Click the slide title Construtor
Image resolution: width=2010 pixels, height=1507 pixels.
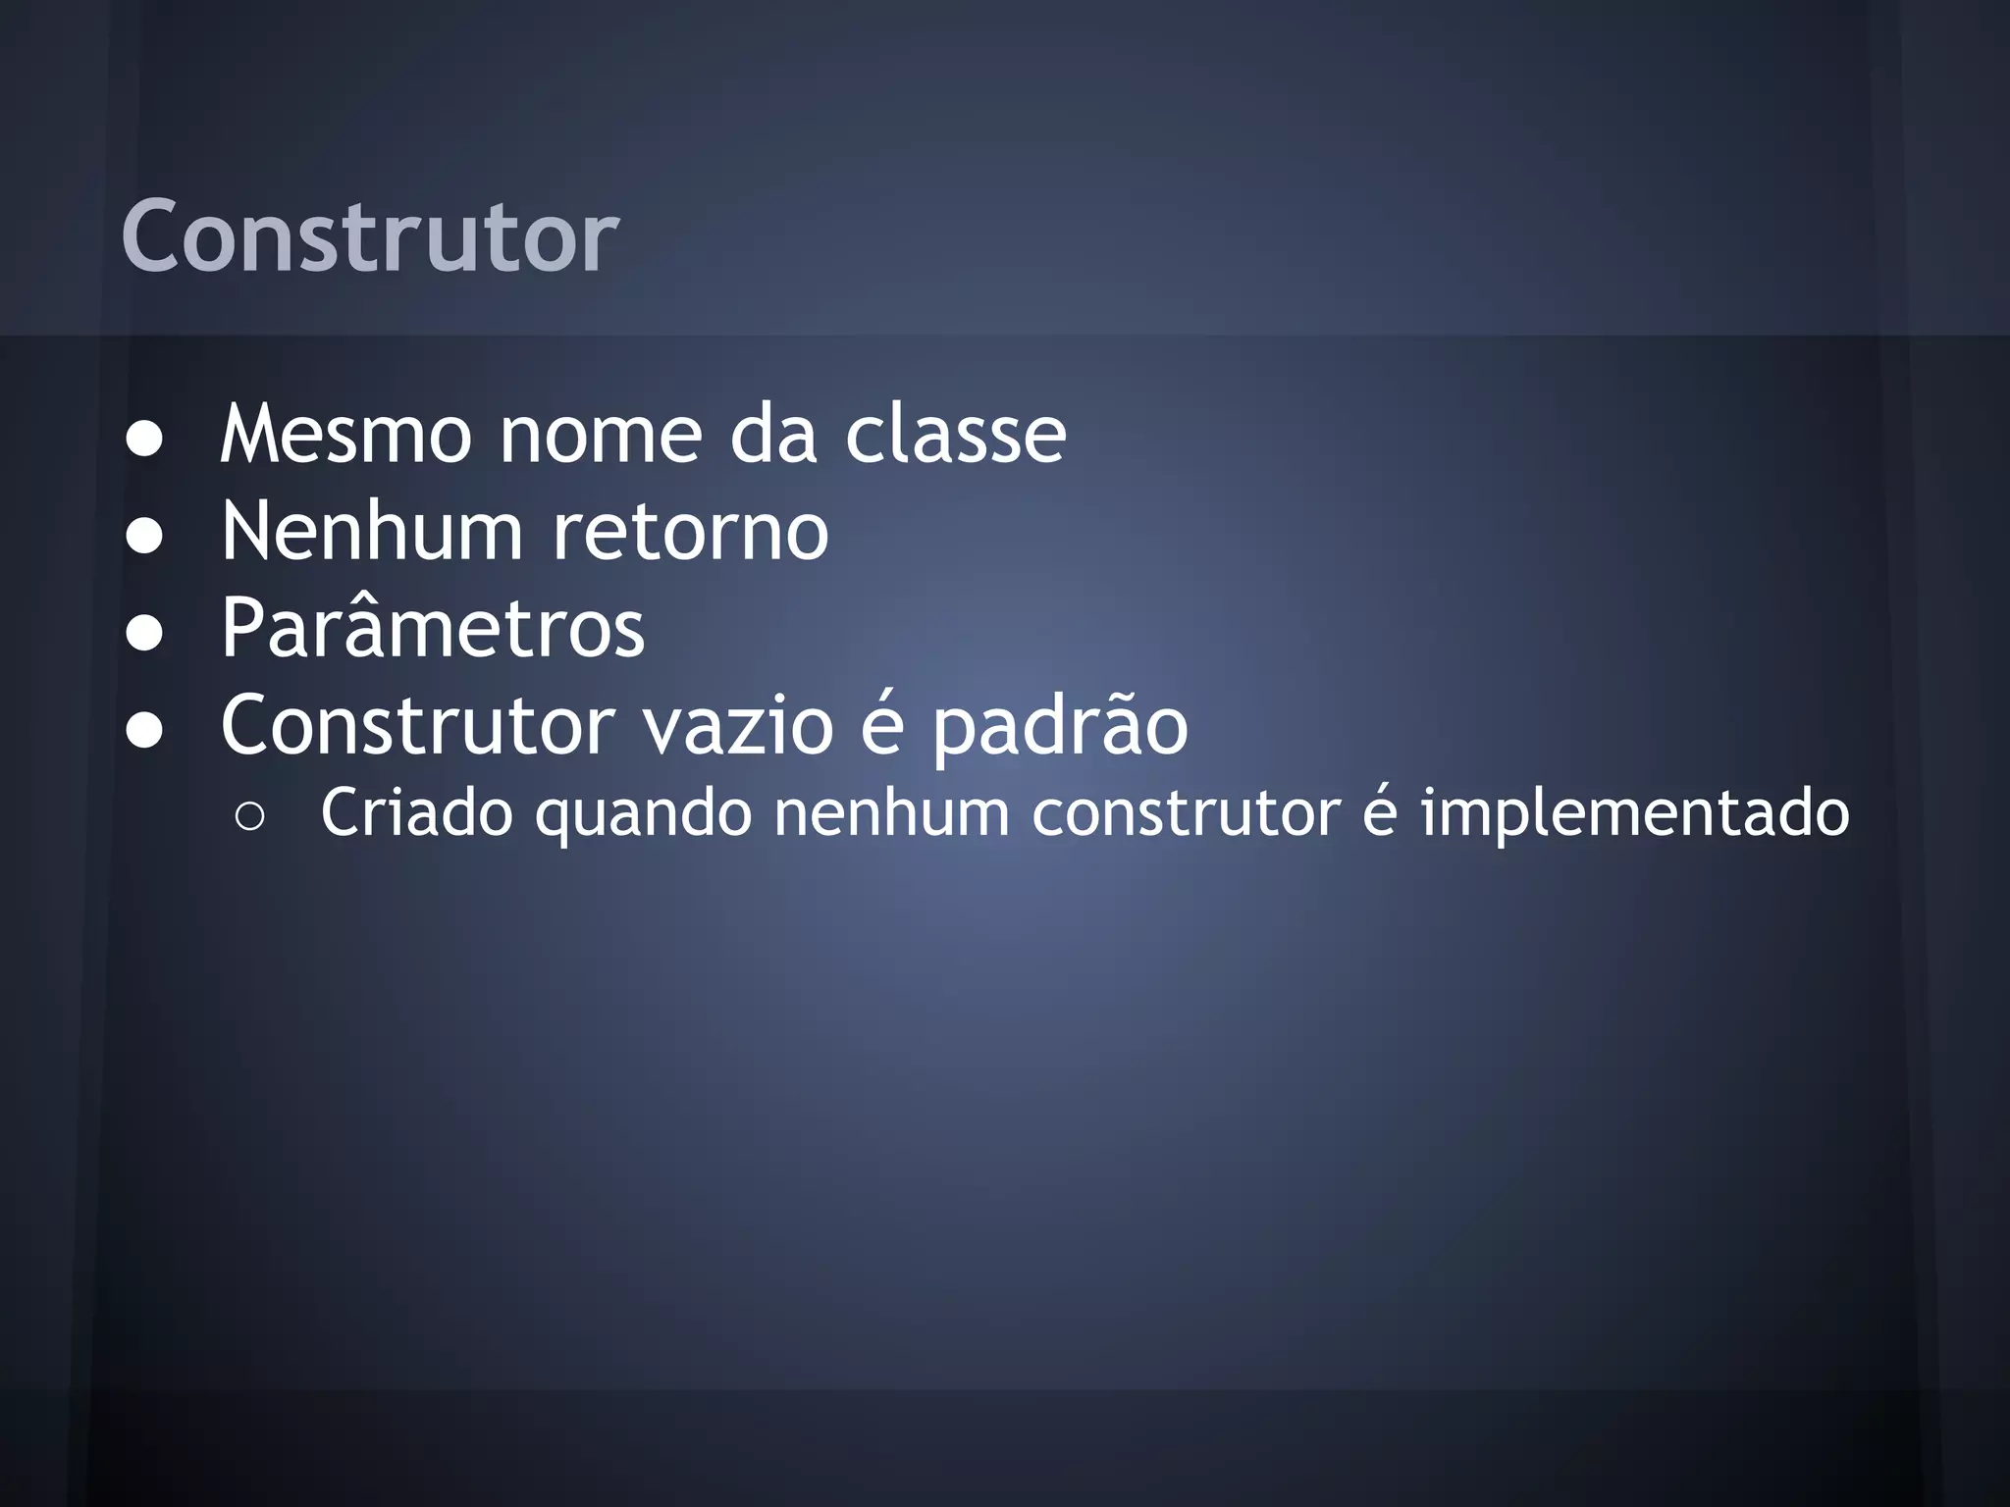click(x=369, y=237)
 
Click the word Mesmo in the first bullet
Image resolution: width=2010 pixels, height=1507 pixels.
click(x=345, y=434)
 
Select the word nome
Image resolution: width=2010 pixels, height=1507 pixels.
click(x=601, y=434)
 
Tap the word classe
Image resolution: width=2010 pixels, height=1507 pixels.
click(x=955, y=434)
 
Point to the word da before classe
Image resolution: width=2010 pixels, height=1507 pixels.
click(x=773, y=434)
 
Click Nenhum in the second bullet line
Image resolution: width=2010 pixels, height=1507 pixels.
click(x=372, y=531)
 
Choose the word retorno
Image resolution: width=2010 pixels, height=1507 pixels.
click(x=691, y=531)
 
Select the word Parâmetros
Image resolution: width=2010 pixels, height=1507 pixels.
click(x=433, y=627)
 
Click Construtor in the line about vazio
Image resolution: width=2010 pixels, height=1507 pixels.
click(x=417, y=725)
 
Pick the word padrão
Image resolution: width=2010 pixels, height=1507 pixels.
click(x=1060, y=727)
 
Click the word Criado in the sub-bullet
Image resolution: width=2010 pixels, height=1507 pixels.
click(x=416, y=813)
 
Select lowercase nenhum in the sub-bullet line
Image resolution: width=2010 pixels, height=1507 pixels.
click(x=891, y=813)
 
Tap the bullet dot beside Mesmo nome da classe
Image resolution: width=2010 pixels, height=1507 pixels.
click(x=145, y=441)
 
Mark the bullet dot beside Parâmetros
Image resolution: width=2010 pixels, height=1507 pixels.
click(x=145, y=634)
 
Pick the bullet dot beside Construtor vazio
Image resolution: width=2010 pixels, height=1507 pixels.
click(x=145, y=731)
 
